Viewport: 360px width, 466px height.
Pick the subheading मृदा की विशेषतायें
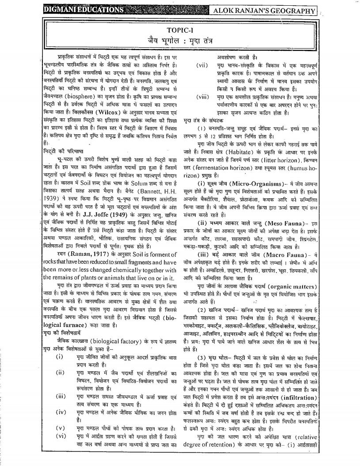click(x=62, y=343)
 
